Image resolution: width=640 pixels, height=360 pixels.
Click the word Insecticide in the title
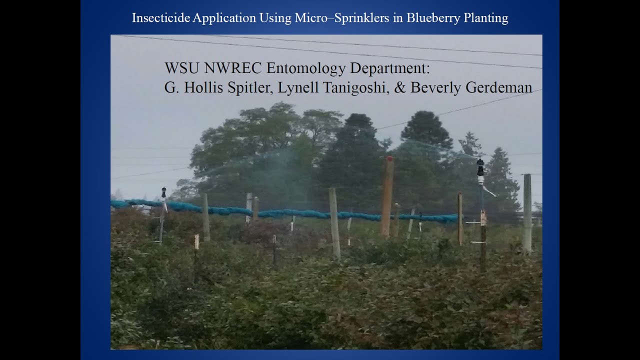click(x=161, y=18)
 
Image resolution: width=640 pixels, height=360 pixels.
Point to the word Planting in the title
click(x=484, y=18)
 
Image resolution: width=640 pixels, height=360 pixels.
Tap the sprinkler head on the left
click(x=163, y=193)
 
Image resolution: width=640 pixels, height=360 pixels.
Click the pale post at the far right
click(x=527, y=212)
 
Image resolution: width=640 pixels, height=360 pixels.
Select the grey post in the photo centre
click(x=334, y=222)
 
